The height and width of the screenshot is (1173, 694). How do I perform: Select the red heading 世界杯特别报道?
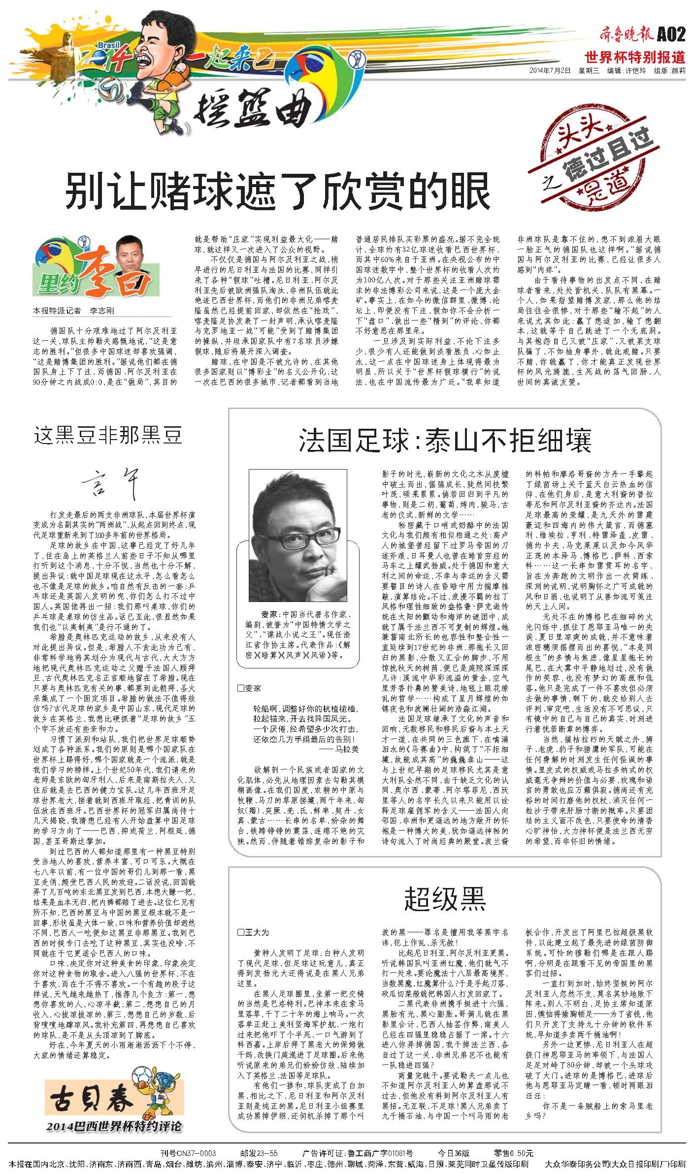click(x=635, y=57)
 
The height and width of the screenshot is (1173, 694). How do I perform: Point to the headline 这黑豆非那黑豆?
click(x=108, y=435)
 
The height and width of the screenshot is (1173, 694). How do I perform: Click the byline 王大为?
click(x=256, y=932)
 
